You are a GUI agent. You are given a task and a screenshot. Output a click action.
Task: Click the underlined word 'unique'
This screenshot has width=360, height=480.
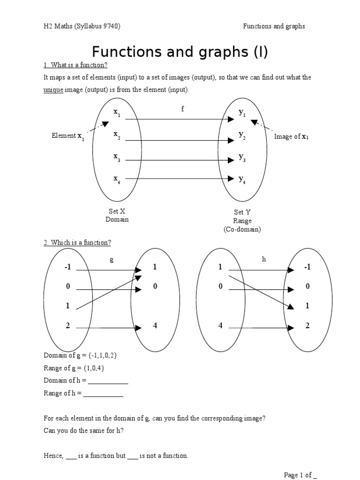click(53, 90)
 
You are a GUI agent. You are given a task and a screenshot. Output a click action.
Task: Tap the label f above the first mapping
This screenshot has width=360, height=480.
click(183, 109)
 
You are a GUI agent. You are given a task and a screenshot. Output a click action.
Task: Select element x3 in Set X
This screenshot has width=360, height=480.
click(117, 157)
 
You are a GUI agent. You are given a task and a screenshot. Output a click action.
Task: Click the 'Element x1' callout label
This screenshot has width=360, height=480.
click(68, 136)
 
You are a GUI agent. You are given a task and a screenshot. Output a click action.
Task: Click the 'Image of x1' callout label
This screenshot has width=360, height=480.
click(292, 137)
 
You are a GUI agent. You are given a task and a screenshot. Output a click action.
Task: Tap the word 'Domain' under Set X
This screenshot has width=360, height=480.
click(117, 219)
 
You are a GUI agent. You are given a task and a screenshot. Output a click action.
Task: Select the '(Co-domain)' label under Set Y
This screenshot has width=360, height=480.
click(242, 229)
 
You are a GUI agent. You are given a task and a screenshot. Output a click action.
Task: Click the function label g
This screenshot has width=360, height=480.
click(112, 260)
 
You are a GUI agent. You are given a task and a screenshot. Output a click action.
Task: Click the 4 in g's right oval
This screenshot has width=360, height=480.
click(155, 325)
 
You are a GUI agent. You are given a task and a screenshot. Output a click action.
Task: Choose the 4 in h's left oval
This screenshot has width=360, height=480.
click(220, 325)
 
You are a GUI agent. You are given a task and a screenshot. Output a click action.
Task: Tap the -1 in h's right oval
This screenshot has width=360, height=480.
click(307, 267)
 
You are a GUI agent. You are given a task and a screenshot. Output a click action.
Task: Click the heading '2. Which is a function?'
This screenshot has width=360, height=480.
click(77, 242)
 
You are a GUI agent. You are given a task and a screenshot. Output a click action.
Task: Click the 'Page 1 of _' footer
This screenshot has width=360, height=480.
click(300, 475)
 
